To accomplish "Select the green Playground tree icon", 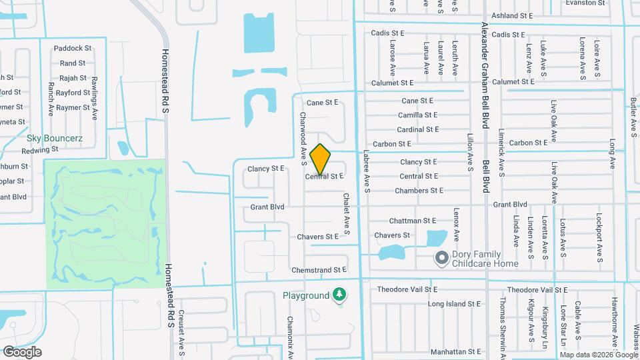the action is [340, 294].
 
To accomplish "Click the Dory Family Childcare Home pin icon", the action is [441, 257].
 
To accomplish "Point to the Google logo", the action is [22, 351].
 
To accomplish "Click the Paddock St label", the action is [73, 48].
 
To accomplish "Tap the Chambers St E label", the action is [419, 191].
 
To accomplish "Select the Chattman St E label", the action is [413, 221].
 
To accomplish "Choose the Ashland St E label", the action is [513, 15].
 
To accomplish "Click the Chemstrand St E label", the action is [319, 270].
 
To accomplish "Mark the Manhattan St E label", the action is [455, 351].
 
